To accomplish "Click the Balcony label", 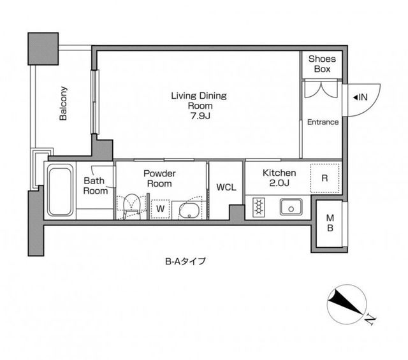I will click(64, 103).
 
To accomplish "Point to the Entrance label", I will click(323, 122).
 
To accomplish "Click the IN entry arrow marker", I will click(360, 97).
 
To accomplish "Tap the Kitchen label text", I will click(279, 173).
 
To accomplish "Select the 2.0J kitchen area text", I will click(279, 184).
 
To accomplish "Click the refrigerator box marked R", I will click(324, 178).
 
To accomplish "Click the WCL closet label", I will click(225, 187).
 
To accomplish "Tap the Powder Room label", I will click(159, 178).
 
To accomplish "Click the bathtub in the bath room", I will click(60, 190).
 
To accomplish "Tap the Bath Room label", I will click(96, 185).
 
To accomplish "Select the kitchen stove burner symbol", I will click(259, 207).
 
